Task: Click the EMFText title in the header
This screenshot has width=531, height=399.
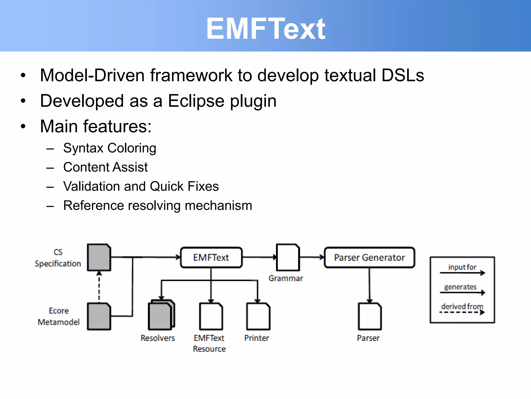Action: tap(265, 29)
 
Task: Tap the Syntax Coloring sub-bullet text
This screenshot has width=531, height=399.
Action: tap(110, 148)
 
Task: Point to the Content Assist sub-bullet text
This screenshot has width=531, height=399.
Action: tap(106, 167)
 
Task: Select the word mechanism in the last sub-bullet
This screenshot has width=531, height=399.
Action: tap(218, 205)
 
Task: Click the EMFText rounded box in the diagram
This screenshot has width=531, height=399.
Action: tap(211, 257)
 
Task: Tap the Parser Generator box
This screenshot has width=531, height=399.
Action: tap(369, 257)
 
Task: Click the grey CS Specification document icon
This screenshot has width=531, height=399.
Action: tap(99, 257)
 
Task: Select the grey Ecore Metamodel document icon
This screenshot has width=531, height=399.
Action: tap(99, 316)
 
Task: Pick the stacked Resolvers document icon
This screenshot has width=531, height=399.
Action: tap(161, 315)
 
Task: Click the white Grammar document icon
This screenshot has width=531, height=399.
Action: tap(288, 257)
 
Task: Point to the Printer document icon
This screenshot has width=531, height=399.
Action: tap(258, 316)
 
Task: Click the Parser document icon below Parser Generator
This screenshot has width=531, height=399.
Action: tap(369, 316)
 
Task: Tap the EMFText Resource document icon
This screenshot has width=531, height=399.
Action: tap(211, 316)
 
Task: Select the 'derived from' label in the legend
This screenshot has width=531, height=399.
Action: tap(462, 306)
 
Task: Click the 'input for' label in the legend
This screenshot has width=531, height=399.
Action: tap(462, 267)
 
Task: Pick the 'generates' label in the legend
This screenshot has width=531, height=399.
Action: tap(460, 287)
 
